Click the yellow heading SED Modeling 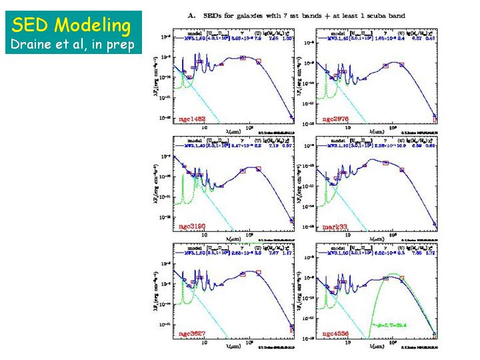71,25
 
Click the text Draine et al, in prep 73,45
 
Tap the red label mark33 335,227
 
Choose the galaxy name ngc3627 192,333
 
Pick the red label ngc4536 336,334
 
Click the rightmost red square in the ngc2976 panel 435,119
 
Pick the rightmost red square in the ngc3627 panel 292,328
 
